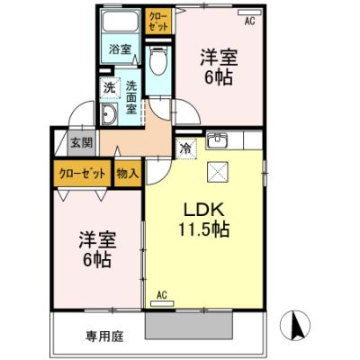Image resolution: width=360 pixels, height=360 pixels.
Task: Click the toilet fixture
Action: tap(158, 60)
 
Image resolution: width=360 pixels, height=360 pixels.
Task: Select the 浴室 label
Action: tap(120, 49)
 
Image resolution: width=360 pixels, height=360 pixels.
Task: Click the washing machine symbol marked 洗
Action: tap(110, 88)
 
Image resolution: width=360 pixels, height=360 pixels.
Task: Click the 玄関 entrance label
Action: tap(82, 143)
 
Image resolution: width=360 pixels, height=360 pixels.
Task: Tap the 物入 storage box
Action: tap(128, 174)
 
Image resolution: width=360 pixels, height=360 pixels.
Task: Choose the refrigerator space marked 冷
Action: tap(186, 148)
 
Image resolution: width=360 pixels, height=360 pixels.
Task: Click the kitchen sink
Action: tap(217, 139)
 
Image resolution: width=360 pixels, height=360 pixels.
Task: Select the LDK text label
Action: tap(203, 211)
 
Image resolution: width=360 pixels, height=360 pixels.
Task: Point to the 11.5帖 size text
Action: tap(204, 229)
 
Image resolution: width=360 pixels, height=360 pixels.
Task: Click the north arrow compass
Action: tap(295, 325)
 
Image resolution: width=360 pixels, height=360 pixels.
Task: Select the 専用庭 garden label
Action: tap(105, 337)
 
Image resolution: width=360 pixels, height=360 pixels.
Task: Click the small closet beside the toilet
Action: tap(158, 21)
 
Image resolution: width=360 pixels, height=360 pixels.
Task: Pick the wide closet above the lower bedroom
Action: tap(83, 174)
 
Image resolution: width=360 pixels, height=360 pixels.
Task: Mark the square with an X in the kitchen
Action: tap(218, 172)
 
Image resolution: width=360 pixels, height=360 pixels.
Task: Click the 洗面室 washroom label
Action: tap(131, 97)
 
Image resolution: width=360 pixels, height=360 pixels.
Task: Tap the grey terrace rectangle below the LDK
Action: tap(189, 326)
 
